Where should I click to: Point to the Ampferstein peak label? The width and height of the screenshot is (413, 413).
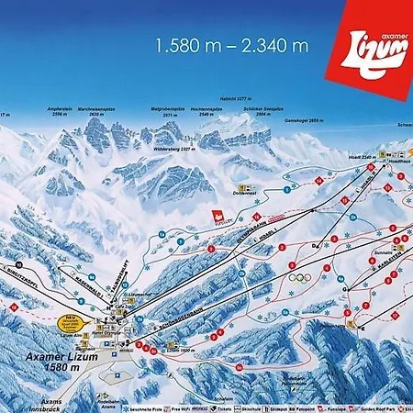pos(59,110)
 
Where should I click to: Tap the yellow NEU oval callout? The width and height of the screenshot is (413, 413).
pos(71,322)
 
